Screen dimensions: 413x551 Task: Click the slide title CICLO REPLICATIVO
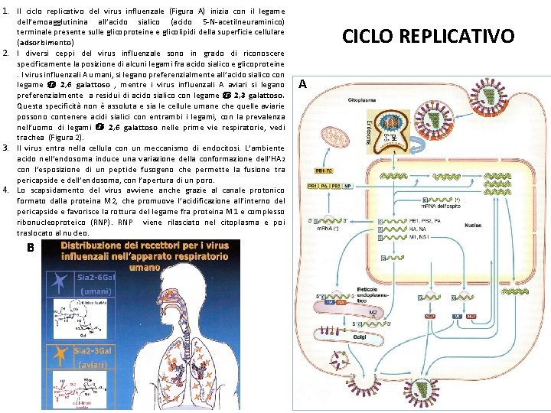(428, 36)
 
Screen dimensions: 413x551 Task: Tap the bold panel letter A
(302, 84)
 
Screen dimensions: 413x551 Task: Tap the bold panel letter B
(30, 248)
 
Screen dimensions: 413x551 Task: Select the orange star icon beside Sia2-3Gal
(59, 376)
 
